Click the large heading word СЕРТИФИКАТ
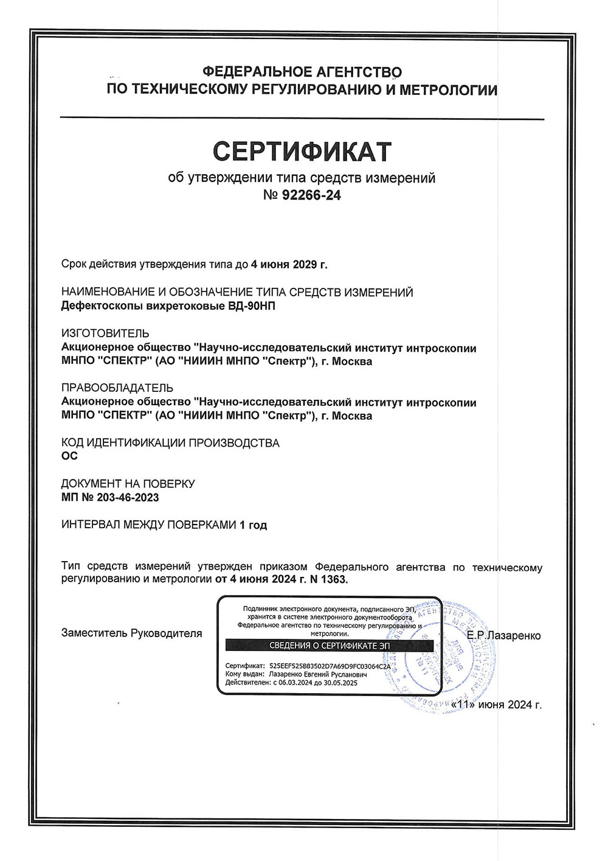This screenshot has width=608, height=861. [x=302, y=152]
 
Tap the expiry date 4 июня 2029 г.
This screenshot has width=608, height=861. [x=289, y=265]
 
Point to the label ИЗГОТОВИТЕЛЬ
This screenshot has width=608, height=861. [x=105, y=333]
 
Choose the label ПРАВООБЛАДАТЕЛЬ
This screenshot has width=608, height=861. [x=117, y=388]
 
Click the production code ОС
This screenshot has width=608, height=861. [x=70, y=456]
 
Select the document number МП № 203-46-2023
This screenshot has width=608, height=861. [x=110, y=497]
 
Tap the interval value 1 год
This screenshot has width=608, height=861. [x=254, y=525]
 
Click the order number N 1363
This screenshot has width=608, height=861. [x=329, y=579]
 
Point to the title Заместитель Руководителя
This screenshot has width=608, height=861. [x=131, y=633]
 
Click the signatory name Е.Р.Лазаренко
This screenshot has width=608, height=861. [x=503, y=636]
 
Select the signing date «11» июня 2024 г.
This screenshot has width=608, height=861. [x=496, y=705]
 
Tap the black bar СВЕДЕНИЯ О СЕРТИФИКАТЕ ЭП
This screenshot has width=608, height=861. [x=330, y=646]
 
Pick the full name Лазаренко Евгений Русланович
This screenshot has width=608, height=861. [x=317, y=674]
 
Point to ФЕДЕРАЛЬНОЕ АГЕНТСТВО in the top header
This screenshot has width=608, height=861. [x=302, y=72]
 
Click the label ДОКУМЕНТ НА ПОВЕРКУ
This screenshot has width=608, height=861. [x=128, y=484]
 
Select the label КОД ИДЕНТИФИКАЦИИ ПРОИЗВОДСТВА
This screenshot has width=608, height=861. [x=170, y=443]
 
